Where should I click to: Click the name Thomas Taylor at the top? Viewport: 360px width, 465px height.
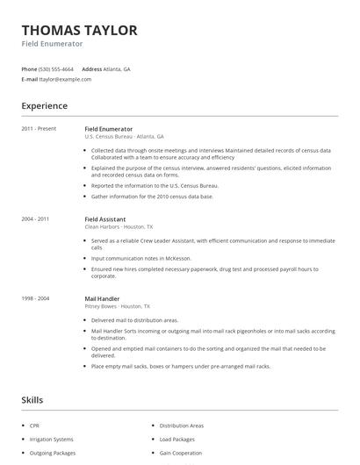point(79,30)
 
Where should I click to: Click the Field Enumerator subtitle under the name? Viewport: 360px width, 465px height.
point(52,44)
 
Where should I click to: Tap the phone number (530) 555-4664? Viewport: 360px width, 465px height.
point(56,68)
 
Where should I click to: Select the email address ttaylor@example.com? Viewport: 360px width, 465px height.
point(65,79)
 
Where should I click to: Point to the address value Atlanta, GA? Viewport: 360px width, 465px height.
point(117,68)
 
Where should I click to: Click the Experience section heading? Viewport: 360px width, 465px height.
point(44,106)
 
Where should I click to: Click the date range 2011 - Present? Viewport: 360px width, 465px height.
point(39,128)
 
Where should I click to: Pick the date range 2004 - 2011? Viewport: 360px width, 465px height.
point(35,218)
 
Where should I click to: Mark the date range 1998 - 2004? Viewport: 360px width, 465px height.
point(35,298)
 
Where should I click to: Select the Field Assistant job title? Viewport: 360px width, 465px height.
point(104,218)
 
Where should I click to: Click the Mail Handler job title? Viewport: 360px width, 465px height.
point(102,298)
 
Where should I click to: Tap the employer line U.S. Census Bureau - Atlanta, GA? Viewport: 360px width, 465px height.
point(124,136)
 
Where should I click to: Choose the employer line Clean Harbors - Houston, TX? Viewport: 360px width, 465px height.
point(119,226)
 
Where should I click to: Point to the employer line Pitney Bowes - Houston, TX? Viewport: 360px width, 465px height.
point(117,306)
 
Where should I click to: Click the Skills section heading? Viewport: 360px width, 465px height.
point(32,400)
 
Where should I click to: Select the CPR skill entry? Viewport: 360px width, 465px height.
point(35,426)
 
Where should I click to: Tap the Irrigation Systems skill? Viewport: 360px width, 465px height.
point(51,439)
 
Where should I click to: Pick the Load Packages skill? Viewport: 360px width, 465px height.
point(176,439)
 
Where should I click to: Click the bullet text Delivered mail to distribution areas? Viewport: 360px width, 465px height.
point(134,320)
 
